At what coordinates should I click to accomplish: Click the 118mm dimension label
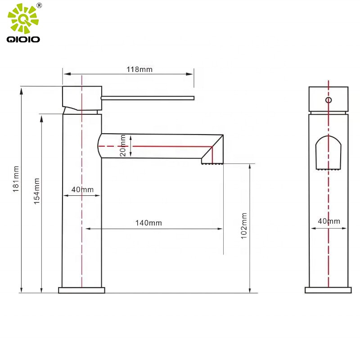pos(139,69)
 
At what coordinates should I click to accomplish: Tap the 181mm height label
pos(16,179)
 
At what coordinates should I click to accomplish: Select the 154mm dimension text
pos(36,191)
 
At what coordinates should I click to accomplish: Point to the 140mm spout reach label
pos(148,223)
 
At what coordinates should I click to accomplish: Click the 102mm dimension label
pos(244,226)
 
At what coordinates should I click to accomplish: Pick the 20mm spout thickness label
pos(123,145)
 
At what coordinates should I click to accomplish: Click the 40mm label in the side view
pos(329,221)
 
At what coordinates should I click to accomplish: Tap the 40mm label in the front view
pos(82,189)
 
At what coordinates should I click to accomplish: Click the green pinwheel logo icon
pos(23,18)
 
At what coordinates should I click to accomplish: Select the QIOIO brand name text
pos(23,39)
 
